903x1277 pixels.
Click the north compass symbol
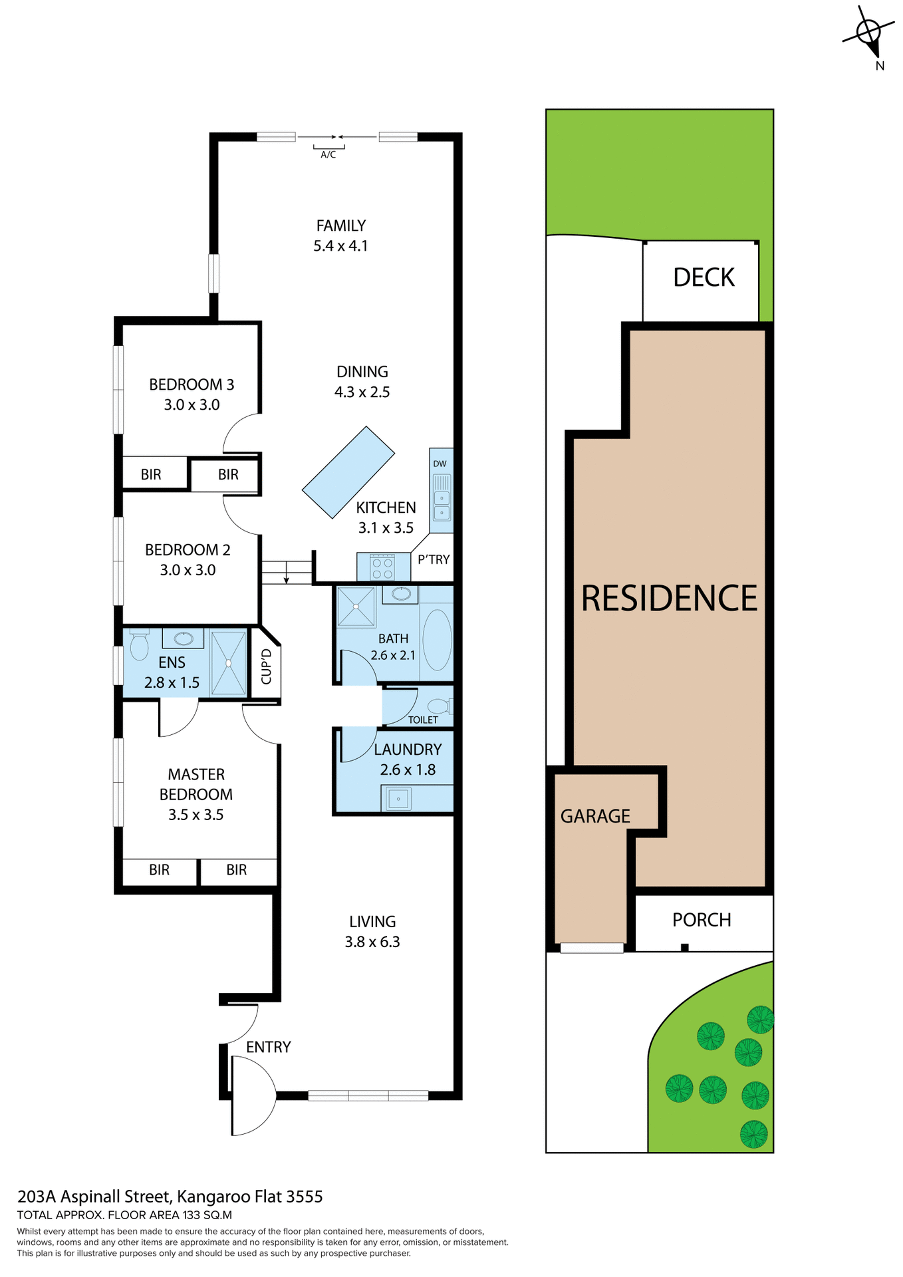click(x=868, y=33)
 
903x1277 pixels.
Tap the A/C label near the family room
click(x=328, y=154)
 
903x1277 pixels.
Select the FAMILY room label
click(x=341, y=225)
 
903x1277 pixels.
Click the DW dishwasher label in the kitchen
click(x=440, y=464)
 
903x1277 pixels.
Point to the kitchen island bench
click(x=348, y=472)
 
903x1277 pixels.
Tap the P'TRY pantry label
click(x=434, y=559)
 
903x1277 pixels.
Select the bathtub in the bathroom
click(x=437, y=639)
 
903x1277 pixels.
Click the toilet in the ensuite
click(x=139, y=644)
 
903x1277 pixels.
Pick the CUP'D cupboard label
click(x=266, y=666)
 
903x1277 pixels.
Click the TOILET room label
click(x=423, y=720)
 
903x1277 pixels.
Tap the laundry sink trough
click(x=398, y=798)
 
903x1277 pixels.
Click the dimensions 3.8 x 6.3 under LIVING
click(x=372, y=942)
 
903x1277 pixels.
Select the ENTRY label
click(x=269, y=1047)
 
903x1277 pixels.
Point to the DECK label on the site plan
click(x=704, y=277)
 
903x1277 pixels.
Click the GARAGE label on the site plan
click(x=595, y=816)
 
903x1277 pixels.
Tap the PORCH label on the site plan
click(x=702, y=920)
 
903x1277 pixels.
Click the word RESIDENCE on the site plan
click(x=669, y=598)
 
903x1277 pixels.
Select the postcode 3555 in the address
click(x=304, y=1197)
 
